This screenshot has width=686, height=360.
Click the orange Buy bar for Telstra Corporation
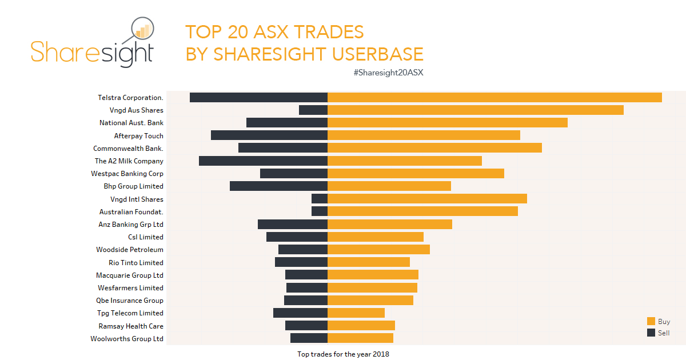coord(494,98)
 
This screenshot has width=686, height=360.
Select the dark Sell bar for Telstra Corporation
coord(258,98)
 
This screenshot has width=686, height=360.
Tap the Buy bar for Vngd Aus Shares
coord(475,110)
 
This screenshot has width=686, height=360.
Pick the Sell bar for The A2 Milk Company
coord(263,161)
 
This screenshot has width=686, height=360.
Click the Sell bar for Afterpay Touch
coord(269,135)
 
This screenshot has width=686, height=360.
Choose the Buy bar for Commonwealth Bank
coord(434,148)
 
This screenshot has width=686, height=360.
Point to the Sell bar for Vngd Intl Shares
coord(320,199)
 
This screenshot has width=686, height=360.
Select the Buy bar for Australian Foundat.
coord(422,211)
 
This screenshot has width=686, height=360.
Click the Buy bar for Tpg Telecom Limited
coord(356,313)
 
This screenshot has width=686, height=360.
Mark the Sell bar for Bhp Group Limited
coord(278,186)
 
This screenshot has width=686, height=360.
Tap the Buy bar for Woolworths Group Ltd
coord(360,338)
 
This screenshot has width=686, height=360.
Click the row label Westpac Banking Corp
coord(127,174)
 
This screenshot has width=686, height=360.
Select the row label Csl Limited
coord(146,237)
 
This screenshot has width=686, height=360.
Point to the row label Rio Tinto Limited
coord(136,263)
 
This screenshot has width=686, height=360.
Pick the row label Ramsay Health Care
coord(131,326)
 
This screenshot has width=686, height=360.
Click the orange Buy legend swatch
coord(651,322)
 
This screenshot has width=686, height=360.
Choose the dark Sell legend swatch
coord(651,333)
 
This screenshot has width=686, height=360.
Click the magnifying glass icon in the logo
coord(142,30)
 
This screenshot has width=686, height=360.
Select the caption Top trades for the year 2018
coord(343,354)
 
